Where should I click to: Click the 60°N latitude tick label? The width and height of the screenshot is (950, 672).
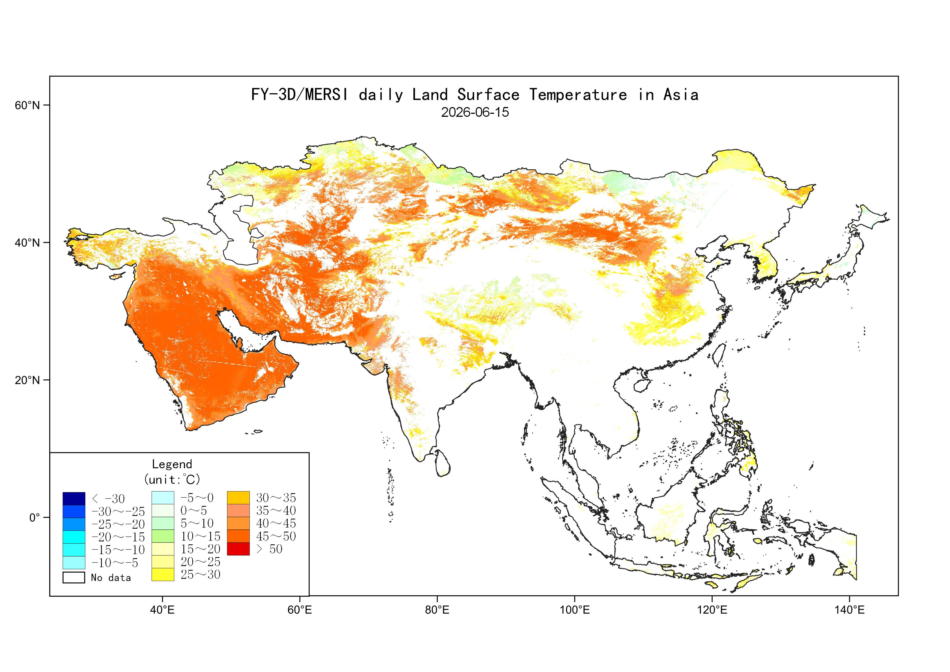(x=27, y=105)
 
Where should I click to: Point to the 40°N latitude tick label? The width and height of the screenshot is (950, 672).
(x=27, y=243)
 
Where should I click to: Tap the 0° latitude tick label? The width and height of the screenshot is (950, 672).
(x=34, y=517)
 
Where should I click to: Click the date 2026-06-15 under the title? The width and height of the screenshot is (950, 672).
(x=475, y=112)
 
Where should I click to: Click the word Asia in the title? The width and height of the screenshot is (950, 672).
(x=681, y=95)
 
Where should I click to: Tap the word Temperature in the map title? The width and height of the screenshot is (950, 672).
(x=578, y=95)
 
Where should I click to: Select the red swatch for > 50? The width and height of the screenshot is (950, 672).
(x=238, y=549)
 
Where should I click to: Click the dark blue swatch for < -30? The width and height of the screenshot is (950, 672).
(x=74, y=499)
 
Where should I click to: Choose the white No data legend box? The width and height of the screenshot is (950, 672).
(x=74, y=577)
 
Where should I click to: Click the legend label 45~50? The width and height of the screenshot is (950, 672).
(x=276, y=536)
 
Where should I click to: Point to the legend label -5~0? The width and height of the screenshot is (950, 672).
(x=197, y=497)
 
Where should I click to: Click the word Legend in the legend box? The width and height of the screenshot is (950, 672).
(x=172, y=464)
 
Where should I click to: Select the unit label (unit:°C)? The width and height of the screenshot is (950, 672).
(x=172, y=480)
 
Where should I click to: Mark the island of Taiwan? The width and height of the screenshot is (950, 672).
(x=719, y=355)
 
